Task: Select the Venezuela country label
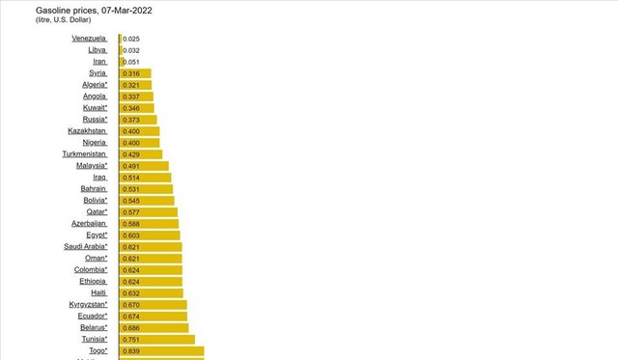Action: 90,39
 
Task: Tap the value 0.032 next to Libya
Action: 131,50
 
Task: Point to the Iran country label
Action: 99,62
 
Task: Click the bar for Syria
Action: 135,73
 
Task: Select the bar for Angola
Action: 136,97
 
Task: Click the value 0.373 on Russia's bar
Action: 131,120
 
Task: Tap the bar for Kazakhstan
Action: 139,131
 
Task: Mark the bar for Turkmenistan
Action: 140,154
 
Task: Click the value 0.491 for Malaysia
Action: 131,166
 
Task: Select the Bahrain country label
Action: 93,189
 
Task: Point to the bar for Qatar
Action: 148,212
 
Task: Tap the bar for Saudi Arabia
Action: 150,247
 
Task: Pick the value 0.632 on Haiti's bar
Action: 131,293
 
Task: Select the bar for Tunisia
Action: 156,339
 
